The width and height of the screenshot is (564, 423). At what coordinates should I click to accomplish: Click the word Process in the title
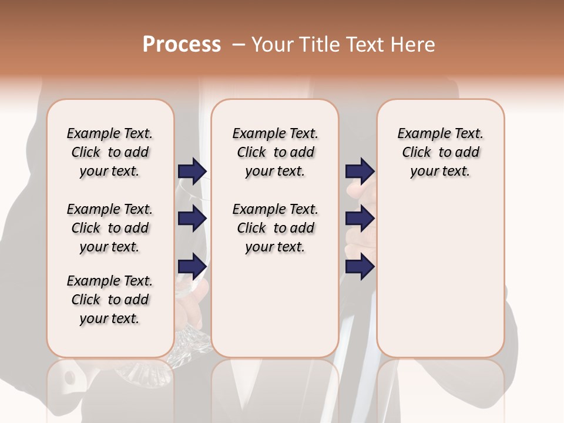(182, 45)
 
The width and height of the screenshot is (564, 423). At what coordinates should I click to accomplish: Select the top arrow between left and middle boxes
(192, 172)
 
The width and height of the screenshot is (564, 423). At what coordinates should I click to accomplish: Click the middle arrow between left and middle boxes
(192, 219)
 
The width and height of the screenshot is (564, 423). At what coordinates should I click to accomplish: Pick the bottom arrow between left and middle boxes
(192, 266)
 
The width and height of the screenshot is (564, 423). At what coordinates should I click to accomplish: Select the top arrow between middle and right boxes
(360, 171)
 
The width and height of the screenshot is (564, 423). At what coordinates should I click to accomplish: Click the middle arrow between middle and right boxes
(360, 219)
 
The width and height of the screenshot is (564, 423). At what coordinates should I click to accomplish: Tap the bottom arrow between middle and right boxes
(360, 266)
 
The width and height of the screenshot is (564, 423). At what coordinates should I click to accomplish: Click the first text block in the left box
(110, 152)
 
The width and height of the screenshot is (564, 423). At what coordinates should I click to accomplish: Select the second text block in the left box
(110, 228)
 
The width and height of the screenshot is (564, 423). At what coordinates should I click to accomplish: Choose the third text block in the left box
(110, 300)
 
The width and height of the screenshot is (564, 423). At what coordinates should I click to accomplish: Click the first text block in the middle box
(276, 152)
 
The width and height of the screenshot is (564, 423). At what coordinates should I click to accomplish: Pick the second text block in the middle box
(276, 228)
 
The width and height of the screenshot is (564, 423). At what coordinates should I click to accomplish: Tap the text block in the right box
(441, 152)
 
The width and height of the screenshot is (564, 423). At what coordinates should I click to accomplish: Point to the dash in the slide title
(239, 45)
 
